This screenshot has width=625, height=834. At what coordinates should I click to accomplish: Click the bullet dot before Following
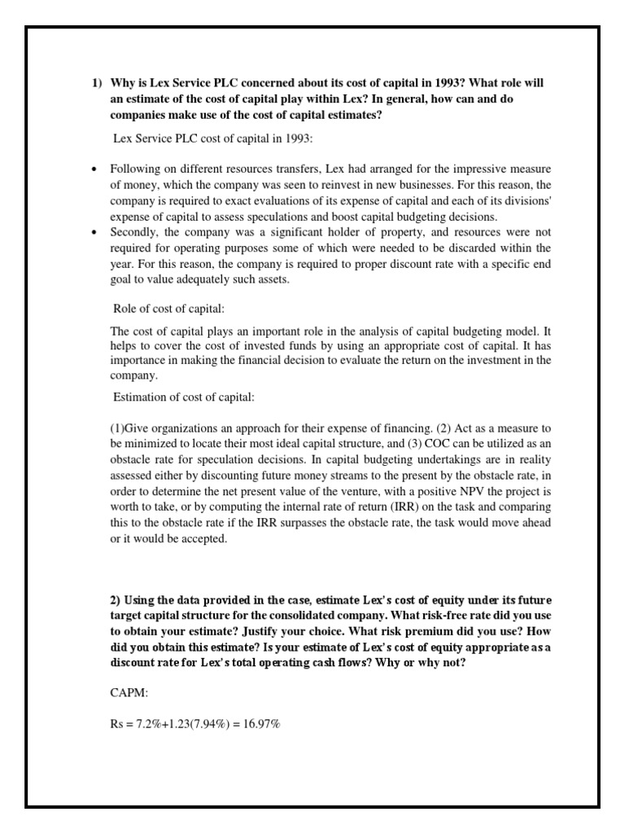click(94, 169)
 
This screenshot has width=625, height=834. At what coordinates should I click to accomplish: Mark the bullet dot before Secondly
click(94, 231)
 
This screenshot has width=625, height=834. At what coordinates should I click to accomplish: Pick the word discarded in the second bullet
click(458, 247)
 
